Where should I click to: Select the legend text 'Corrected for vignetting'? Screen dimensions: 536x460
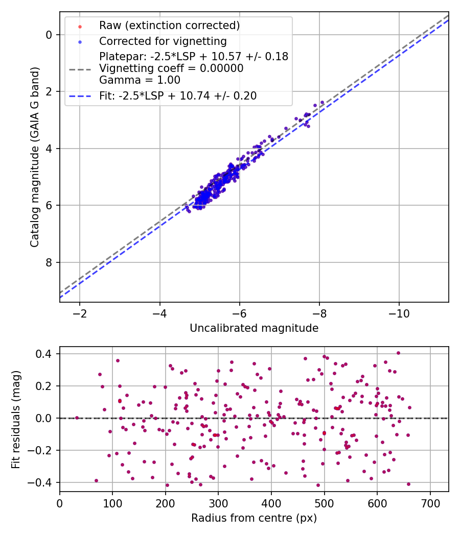163,41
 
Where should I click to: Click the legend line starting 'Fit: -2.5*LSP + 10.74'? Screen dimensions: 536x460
178,95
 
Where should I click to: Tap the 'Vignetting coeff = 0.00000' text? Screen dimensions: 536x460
171,68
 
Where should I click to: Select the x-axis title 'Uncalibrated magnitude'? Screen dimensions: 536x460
254,328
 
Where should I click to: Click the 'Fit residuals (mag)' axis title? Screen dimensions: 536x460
16,419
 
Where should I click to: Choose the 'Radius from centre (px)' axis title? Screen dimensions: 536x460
254,518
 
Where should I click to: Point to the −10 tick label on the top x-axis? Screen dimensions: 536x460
399,313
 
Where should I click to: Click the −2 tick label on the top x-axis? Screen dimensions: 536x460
80,313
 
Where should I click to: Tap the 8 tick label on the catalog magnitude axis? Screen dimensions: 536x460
49,262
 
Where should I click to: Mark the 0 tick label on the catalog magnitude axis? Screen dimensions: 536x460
49,35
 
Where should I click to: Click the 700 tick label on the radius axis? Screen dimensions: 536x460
430,503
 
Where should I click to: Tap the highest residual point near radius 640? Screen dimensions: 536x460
398,353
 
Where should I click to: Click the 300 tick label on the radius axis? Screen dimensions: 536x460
218,503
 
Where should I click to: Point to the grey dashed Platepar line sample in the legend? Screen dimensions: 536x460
80,68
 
